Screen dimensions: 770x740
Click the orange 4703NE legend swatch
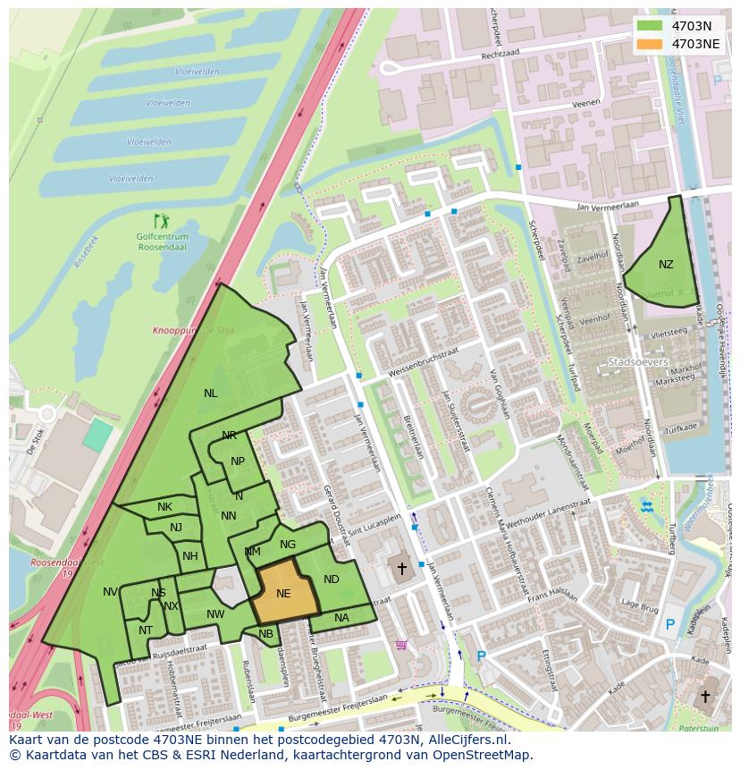pos(651,44)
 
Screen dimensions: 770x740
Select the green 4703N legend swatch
pos(651,26)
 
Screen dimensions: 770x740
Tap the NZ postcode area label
pos(666,265)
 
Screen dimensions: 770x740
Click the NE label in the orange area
pos(283,594)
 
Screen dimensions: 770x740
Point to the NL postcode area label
pos(210,393)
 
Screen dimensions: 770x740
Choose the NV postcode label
pos(110,592)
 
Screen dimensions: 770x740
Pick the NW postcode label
pos(215,614)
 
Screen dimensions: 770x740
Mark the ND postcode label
pos(332,580)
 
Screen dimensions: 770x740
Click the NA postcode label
pos(341,618)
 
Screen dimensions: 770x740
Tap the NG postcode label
pos(288,545)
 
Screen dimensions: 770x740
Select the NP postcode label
pos(238,462)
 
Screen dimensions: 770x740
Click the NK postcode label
pos(164,508)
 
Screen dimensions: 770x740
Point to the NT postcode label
pos(146,630)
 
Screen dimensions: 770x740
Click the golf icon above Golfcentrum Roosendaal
pos(161,220)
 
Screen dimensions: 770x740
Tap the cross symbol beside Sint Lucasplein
pos(402,568)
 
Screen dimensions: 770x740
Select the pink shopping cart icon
pos(401,644)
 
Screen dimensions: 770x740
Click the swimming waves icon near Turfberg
pos(647,507)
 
